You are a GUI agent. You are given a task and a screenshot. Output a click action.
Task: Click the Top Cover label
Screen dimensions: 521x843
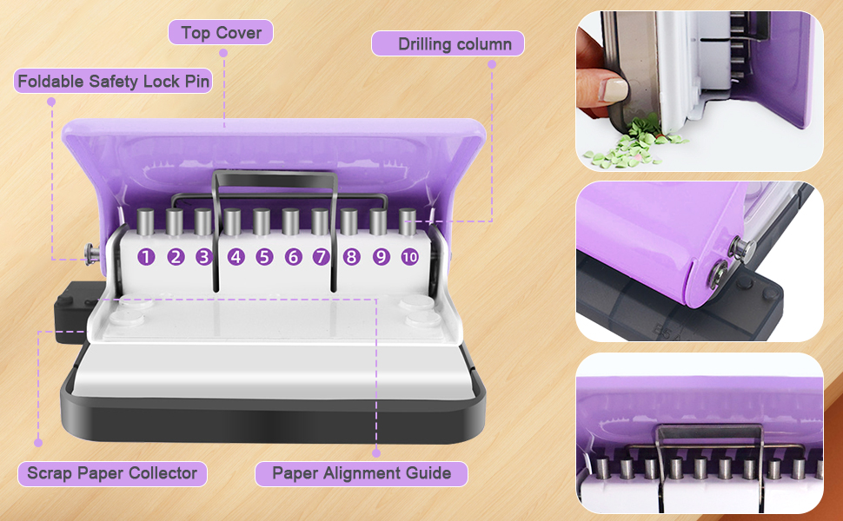click(x=221, y=33)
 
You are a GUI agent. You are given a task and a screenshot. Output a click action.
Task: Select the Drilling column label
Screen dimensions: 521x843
click(x=448, y=43)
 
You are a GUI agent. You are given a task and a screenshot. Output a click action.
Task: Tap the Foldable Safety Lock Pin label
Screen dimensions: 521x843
click(x=112, y=82)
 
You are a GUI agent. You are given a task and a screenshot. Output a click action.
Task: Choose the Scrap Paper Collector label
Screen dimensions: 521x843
click(x=112, y=473)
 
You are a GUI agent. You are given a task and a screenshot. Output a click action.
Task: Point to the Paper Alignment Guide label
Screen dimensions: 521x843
click(x=361, y=473)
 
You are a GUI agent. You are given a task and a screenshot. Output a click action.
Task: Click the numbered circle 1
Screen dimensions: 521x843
click(x=146, y=257)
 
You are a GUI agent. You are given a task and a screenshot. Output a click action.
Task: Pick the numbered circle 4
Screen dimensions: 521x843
click(x=236, y=257)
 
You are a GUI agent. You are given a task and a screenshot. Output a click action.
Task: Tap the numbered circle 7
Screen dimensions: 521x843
click(x=321, y=257)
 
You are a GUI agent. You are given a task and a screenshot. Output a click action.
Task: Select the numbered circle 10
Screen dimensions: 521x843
click(x=409, y=257)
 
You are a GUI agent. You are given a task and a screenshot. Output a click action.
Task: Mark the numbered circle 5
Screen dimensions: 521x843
click(x=264, y=257)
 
